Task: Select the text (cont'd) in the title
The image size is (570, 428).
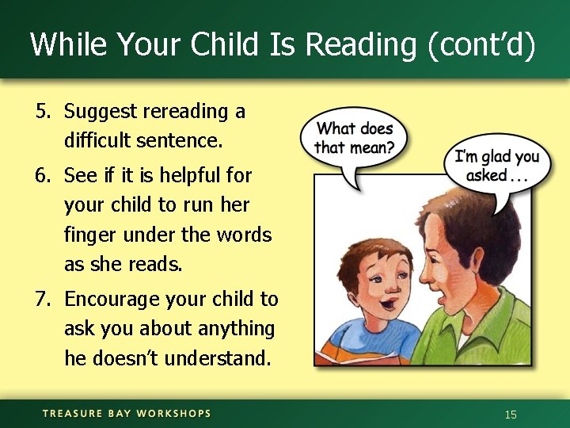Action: [x=481, y=44]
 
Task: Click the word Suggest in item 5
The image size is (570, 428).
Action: [x=101, y=112]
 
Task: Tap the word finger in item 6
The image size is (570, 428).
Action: [x=90, y=235]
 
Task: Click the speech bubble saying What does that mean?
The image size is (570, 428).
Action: [x=354, y=139]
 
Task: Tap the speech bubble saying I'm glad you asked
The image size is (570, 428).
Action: [x=496, y=166]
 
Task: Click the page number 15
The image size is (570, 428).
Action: [x=511, y=415]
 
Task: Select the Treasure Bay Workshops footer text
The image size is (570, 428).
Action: [x=127, y=414]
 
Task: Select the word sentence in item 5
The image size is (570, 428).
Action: [x=189, y=142]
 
